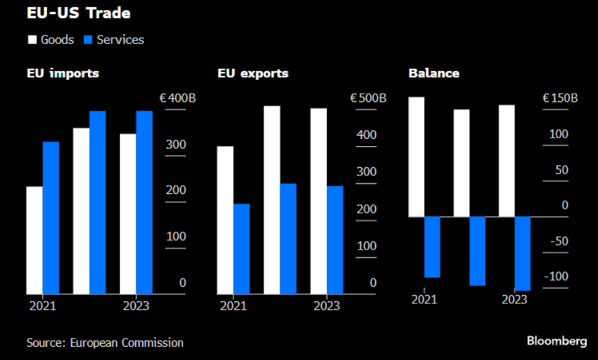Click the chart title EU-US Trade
(79, 13)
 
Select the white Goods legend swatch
(32, 40)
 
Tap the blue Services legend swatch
(88, 40)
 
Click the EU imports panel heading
(63, 73)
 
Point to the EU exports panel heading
(253, 73)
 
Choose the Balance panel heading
(434, 73)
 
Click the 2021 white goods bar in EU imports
(34, 240)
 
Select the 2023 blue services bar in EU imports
(144, 203)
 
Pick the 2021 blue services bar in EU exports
(242, 249)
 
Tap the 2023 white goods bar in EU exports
(319, 201)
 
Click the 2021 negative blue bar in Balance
(432, 247)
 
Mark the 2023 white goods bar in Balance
(507, 161)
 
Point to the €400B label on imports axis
(177, 98)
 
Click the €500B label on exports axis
(368, 98)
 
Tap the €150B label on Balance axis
(560, 98)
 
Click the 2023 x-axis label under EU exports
(327, 306)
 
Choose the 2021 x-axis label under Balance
(424, 299)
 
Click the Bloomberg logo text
(557, 341)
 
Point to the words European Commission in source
(127, 343)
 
